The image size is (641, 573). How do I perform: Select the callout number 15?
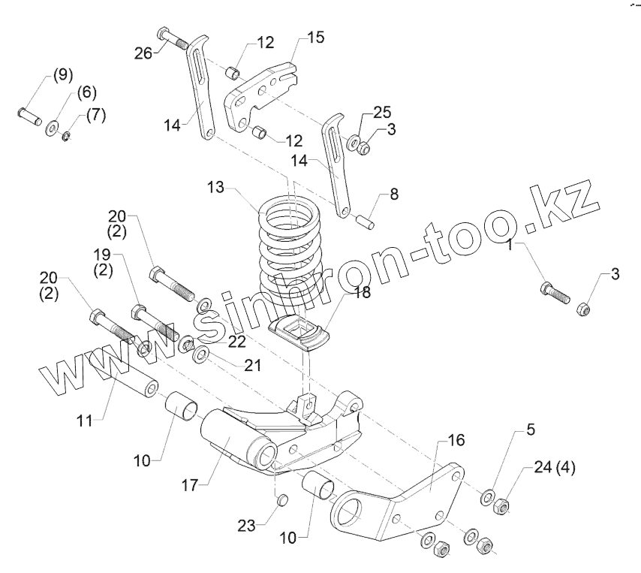pos(316,37)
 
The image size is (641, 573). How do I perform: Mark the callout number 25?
pos(382,112)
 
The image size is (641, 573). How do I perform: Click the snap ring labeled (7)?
pos(65,136)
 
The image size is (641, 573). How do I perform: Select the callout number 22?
pos(236,342)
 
